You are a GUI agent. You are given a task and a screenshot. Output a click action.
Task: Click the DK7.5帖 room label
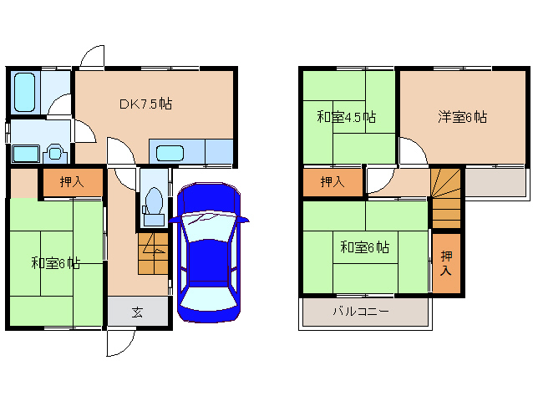tap(145, 104)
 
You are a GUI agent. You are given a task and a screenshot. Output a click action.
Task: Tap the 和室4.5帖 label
tap(346, 117)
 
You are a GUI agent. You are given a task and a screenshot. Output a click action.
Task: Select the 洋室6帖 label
tap(462, 117)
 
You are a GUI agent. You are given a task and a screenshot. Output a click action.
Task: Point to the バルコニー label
tap(360, 312)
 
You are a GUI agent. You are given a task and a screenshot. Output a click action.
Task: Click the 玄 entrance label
tap(137, 312)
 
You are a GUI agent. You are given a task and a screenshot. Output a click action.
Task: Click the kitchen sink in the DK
tap(170, 153)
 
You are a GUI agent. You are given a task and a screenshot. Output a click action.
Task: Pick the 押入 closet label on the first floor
tap(72, 181)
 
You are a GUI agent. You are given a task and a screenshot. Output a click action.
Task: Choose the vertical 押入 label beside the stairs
tap(446, 263)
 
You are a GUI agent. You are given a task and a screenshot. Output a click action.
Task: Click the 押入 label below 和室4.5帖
tap(332, 181)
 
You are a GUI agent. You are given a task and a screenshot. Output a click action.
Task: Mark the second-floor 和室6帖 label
tap(364, 247)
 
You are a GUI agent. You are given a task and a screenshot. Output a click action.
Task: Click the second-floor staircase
tap(445, 197)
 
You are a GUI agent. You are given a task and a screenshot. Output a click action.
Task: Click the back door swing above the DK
tap(92, 58)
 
